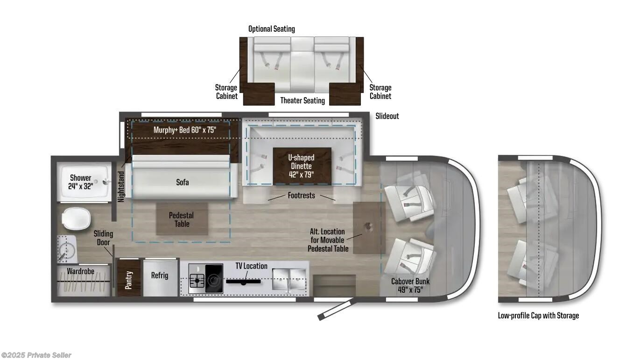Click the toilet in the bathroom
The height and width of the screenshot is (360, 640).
click(76, 219)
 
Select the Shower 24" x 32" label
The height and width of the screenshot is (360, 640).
click(81, 182)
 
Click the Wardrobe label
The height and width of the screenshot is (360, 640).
click(80, 271)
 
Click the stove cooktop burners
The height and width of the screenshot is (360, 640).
click(205, 280)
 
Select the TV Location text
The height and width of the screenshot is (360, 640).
click(251, 266)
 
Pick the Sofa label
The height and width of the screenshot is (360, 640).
click(182, 182)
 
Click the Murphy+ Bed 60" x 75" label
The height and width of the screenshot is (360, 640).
click(185, 130)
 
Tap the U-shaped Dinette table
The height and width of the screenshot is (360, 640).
click(302, 166)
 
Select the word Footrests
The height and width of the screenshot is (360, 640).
click(301, 195)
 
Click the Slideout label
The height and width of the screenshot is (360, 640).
click(387, 116)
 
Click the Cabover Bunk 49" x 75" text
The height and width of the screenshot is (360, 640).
click(410, 285)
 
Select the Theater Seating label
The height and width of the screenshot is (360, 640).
click(302, 100)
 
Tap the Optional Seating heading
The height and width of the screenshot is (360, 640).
click(271, 29)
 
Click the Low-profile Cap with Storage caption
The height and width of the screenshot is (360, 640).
click(538, 316)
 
